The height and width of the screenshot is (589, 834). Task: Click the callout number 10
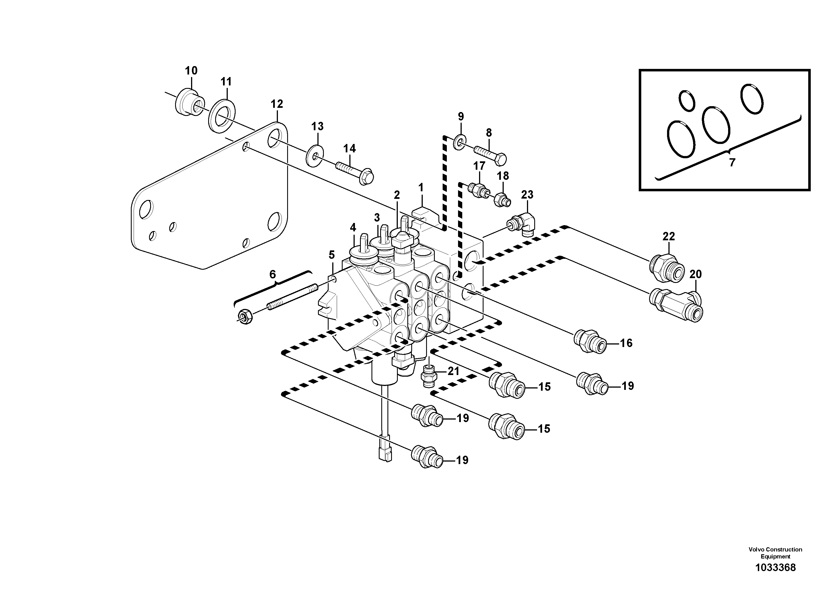(191, 71)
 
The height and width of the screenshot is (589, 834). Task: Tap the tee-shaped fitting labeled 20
(676, 304)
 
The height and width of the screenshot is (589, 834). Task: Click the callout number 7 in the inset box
(732, 162)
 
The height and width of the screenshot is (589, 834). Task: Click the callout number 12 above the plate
(277, 104)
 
